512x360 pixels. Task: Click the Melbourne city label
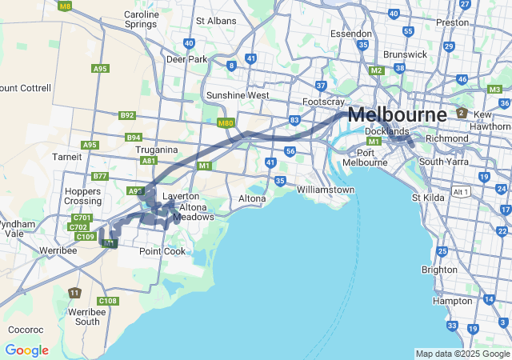pos(397,114)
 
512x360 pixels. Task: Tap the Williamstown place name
pos(325,190)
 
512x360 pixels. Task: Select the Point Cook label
pos(162,251)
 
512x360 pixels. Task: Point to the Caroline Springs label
pos(141,19)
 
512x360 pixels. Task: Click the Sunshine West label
pos(238,95)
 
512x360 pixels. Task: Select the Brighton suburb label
pos(439,270)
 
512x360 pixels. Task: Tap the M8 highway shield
pos(65,6)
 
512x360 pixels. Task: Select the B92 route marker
pos(127,115)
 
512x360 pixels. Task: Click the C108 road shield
pos(109,301)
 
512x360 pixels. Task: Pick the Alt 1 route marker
pos(460,192)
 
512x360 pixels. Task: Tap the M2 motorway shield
pos(376,70)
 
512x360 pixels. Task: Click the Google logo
pos(26,350)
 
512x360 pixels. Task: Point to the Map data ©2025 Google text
pos(462,354)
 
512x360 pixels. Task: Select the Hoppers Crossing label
pos(82,196)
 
